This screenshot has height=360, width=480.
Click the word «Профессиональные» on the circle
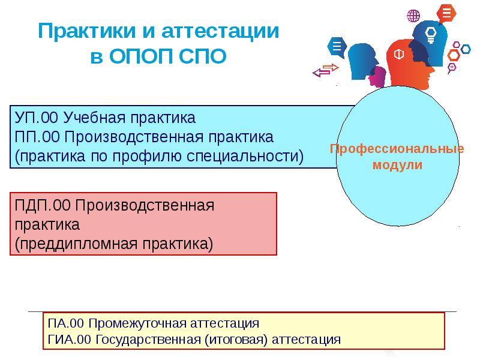pyautogui.click(x=397, y=149)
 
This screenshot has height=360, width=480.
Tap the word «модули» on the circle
pyautogui.click(x=397, y=165)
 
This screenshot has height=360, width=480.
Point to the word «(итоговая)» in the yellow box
pyautogui.click(x=236, y=340)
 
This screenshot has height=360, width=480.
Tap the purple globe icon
pyautogui.click(x=413, y=16)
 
